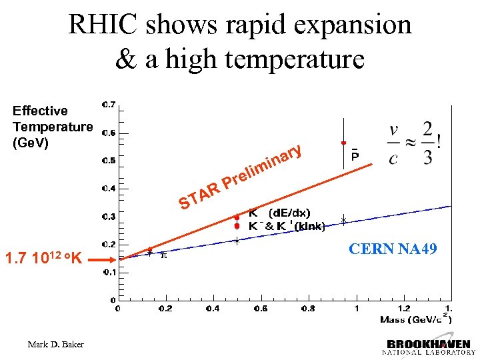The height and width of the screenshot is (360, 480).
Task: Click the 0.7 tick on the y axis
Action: click(x=107, y=105)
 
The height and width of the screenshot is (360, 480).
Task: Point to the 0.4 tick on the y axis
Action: click(x=107, y=189)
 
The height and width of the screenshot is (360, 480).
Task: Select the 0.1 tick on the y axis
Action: click(x=107, y=272)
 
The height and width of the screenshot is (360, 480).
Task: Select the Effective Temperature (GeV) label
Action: click(x=51, y=127)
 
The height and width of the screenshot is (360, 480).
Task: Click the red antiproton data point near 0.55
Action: click(x=343, y=143)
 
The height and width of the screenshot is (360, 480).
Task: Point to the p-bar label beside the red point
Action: click(x=355, y=155)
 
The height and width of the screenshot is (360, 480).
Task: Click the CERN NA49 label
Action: click(x=393, y=249)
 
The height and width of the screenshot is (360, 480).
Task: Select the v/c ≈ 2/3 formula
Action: click(x=413, y=143)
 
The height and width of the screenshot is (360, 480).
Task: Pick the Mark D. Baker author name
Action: click(x=57, y=344)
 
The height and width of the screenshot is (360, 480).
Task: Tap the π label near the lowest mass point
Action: click(x=164, y=254)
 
